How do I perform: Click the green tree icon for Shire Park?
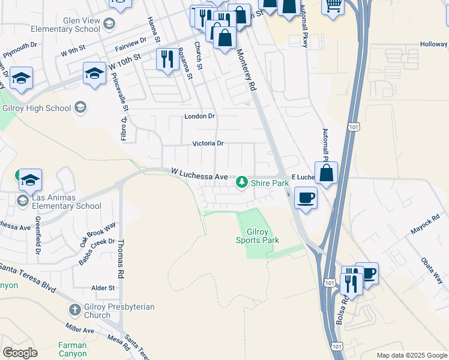[242, 181]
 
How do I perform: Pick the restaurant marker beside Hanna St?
[167, 59]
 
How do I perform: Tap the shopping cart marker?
[333, 6]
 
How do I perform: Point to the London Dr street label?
[199, 116]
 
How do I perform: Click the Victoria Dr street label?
[208, 143]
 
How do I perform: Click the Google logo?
[20, 353]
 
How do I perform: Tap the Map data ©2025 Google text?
[411, 355]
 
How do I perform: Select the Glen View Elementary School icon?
[109, 24]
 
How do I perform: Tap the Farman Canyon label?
[73, 349]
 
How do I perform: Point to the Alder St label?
[103, 288]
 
